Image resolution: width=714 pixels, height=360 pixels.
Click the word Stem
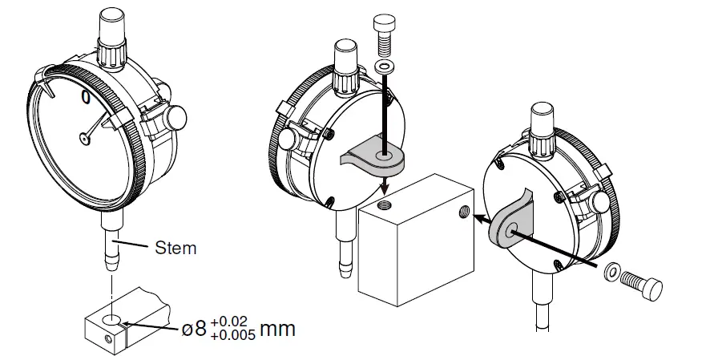(175, 249)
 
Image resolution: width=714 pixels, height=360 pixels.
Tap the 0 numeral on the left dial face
(86, 97)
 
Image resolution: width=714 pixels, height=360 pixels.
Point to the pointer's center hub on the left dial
(85, 138)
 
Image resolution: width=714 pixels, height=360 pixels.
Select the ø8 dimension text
(195, 328)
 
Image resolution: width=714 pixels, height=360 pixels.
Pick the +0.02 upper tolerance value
(232, 320)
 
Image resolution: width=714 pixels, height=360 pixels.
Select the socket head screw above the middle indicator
(384, 36)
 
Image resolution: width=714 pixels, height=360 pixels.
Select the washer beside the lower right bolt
(611, 272)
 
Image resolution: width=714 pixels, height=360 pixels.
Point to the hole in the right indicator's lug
(510, 229)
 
